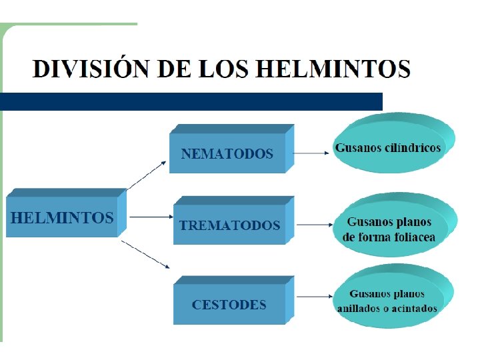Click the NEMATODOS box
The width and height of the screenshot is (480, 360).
click(x=227, y=153)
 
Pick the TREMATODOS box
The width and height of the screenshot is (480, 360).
click(x=229, y=225)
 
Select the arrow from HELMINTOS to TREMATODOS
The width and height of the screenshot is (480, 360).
click(x=150, y=217)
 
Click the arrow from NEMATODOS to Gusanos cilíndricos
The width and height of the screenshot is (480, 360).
click(x=311, y=152)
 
